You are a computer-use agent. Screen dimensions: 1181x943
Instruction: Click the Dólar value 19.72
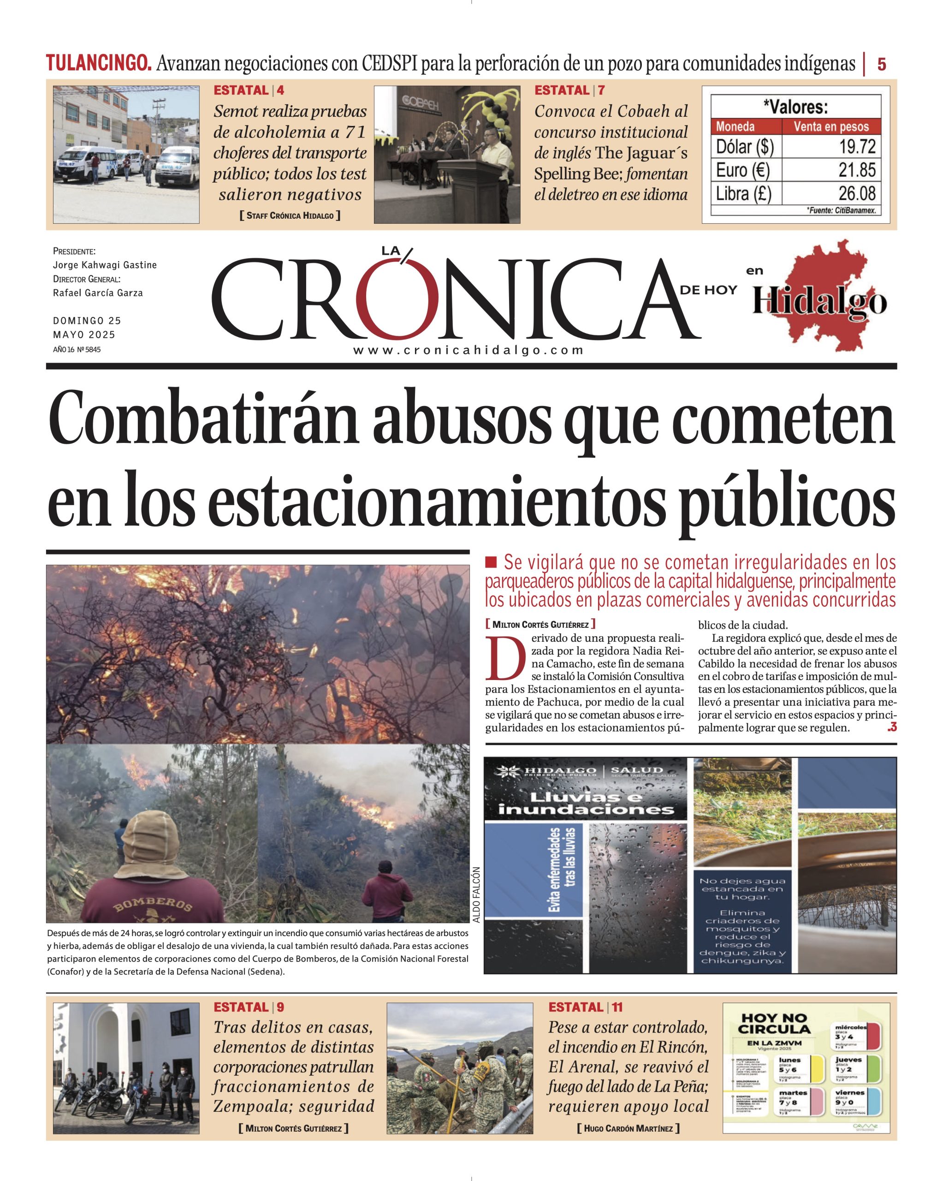click(858, 147)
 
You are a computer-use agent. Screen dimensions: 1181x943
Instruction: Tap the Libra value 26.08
click(857, 193)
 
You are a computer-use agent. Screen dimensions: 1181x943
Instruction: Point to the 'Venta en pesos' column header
click(831, 126)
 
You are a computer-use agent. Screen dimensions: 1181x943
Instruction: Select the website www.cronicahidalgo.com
click(468, 351)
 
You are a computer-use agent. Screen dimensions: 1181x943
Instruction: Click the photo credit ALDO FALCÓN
click(476, 895)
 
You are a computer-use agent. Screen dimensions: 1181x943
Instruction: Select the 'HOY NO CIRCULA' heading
click(774, 1023)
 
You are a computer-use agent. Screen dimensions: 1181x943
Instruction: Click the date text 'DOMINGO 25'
click(87, 321)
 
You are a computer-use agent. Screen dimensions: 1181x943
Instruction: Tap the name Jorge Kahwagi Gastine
click(105, 265)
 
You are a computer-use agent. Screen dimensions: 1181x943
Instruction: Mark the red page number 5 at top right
click(882, 65)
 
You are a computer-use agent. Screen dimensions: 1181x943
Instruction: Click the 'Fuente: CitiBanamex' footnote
click(841, 210)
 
